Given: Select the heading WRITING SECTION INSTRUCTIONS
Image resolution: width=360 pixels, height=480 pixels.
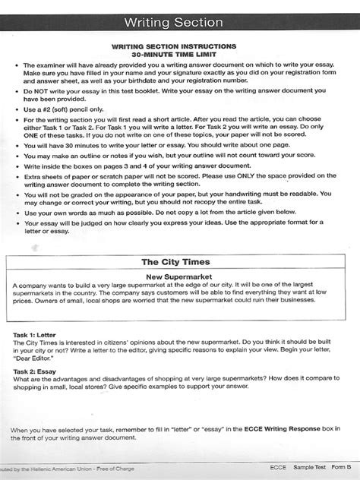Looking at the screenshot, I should tap(179, 46).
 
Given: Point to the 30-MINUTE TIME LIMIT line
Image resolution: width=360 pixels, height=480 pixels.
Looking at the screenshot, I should tap(179, 55).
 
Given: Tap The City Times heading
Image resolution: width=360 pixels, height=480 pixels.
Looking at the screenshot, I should tap(179, 262).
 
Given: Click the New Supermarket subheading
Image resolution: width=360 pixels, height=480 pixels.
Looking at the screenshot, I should tap(180, 277).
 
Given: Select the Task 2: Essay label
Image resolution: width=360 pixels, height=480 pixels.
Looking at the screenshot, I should tap(36, 371).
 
